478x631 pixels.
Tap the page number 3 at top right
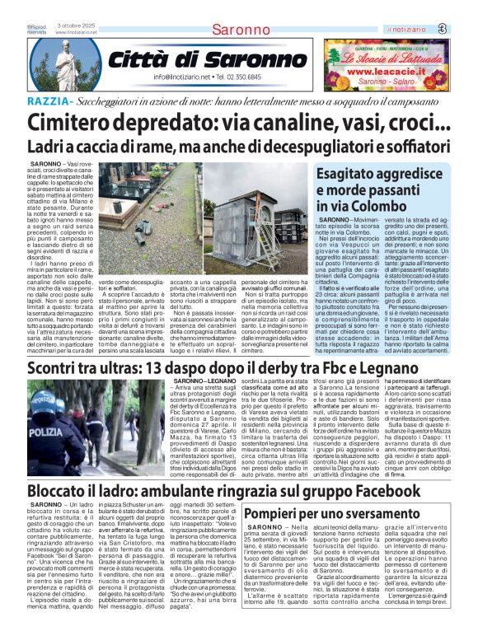coord(465,29)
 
